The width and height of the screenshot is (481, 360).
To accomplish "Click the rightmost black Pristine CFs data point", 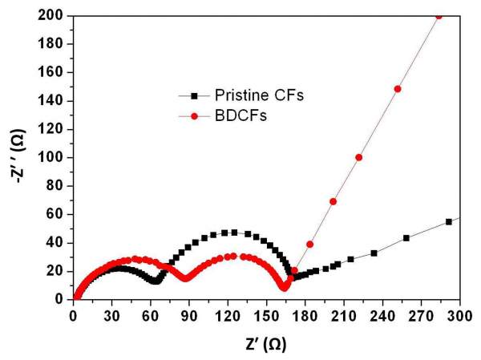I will (x=448, y=222).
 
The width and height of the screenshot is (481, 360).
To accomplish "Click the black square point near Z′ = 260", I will (x=406, y=238).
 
